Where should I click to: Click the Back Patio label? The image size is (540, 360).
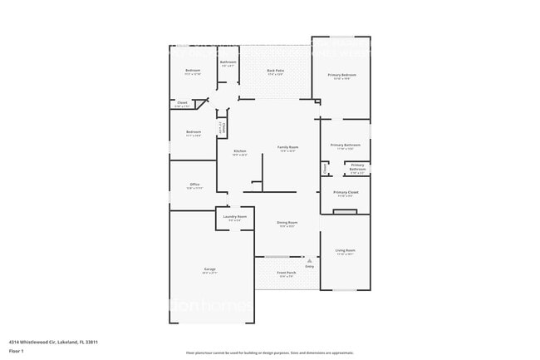click(x=265, y=72)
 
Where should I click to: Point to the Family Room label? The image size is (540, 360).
click(x=287, y=147)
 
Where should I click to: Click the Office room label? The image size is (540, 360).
click(x=194, y=185)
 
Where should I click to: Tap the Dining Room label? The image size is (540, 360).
click(x=287, y=222)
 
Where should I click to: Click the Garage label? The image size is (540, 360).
click(x=210, y=269)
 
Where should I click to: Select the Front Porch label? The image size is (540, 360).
click(x=287, y=273)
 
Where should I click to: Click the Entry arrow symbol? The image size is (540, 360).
click(x=309, y=260)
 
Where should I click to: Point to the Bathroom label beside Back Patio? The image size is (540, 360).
click(x=228, y=62)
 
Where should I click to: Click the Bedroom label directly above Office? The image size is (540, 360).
click(x=194, y=132)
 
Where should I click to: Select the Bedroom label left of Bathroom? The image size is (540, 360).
click(x=193, y=70)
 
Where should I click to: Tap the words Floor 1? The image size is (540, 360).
click(x=17, y=352)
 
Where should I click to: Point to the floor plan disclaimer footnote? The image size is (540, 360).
click(x=270, y=353)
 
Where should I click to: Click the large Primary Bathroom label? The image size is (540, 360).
click(x=345, y=145)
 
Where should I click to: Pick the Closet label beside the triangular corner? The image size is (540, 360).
click(x=182, y=103)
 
